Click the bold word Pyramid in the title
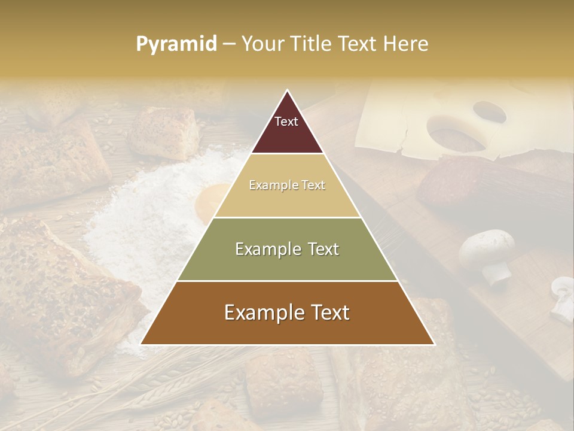click(x=176, y=44)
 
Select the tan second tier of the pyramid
click(x=287, y=198)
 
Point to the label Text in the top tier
click(x=286, y=122)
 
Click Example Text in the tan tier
click(x=287, y=185)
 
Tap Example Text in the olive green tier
click(x=287, y=249)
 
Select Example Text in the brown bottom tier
click(x=287, y=312)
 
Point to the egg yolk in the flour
click(x=209, y=201)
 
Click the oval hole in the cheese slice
click(x=489, y=111)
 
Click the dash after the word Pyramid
click(x=229, y=44)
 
